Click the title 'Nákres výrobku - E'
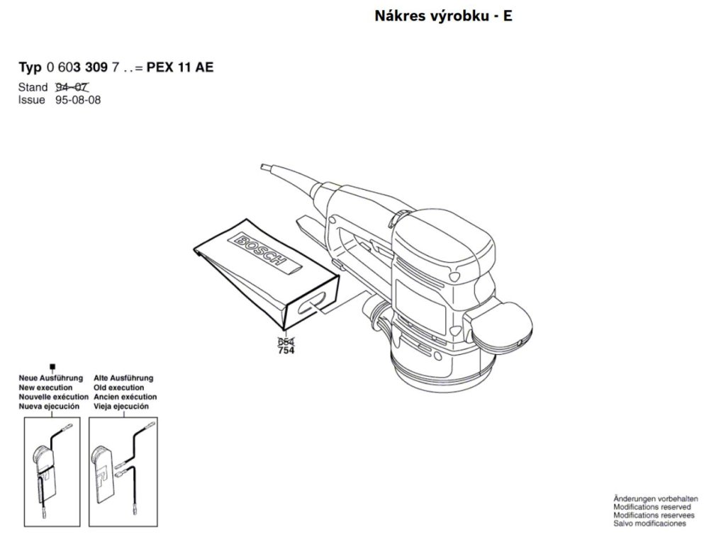[442, 16]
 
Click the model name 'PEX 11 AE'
[180, 68]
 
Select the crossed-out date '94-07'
[71, 88]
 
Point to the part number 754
[286, 351]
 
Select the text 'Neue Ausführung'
[50, 378]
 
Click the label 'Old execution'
[118, 388]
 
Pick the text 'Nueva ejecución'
[49, 407]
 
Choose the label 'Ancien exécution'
[125, 397]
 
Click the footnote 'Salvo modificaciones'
[649, 523]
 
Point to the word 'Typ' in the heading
[29, 68]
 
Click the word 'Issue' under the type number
[31, 100]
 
